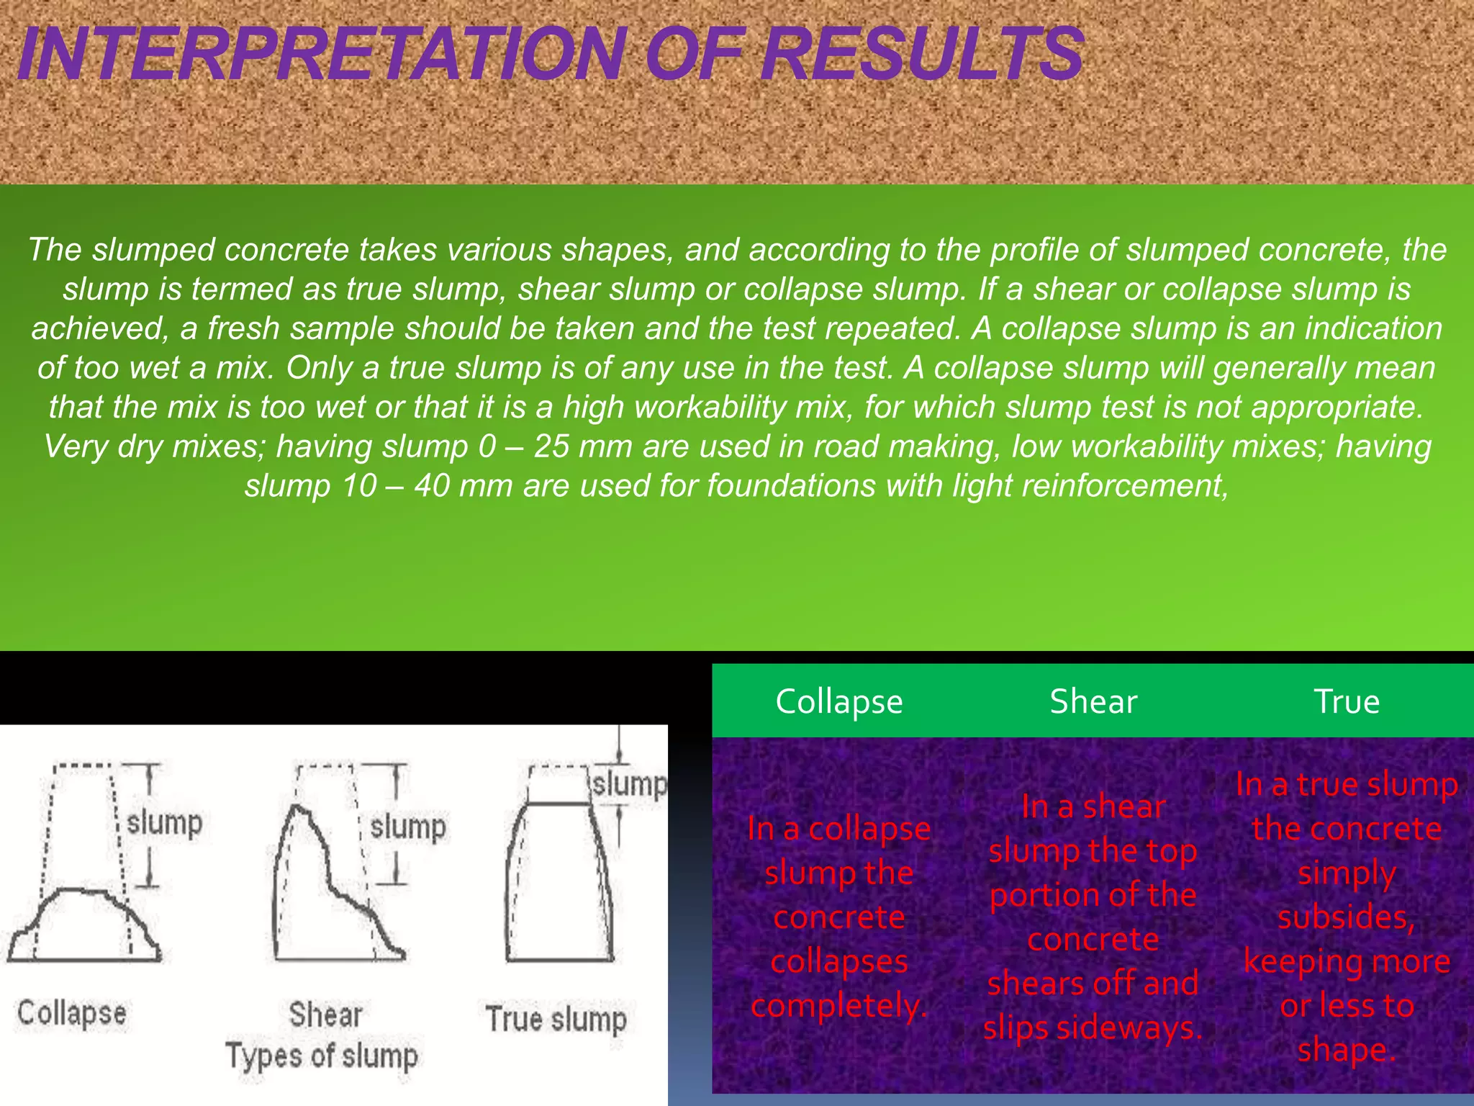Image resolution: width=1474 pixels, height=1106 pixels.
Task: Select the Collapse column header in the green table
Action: click(x=839, y=701)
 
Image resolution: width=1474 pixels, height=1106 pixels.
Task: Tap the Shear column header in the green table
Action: click(x=1093, y=701)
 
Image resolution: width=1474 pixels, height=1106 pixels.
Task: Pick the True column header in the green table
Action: click(x=1347, y=701)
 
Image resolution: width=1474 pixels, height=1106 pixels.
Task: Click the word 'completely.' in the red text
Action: click(x=839, y=1005)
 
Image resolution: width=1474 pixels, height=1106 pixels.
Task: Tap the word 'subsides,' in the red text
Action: click(x=1347, y=917)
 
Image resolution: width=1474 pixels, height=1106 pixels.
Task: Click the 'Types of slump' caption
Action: click(x=322, y=1056)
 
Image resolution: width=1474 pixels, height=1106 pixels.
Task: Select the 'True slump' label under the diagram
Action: click(x=556, y=1019)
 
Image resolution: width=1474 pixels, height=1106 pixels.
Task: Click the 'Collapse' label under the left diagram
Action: click(x=72, y=1012)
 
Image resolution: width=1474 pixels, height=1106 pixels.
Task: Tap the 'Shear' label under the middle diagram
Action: click(x=325, y=1015)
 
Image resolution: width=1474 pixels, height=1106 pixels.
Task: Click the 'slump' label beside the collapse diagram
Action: click(x=164, y=822)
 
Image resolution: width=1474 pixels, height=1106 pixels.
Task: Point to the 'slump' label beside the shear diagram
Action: click(x=407, y=827)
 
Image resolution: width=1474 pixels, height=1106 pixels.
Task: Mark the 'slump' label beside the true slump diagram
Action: click(x=629, y=783)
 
